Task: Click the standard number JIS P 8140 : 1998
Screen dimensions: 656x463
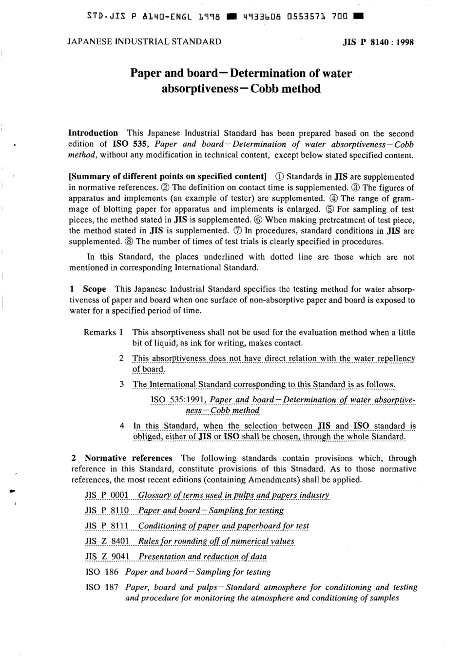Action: tap(378, 42)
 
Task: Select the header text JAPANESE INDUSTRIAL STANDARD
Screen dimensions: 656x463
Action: tap(144, 41)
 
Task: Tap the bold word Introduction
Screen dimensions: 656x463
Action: tap(93, 133)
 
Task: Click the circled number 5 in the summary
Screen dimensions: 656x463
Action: tap(331, 209)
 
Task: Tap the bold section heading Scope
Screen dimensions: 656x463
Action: tap(94, 289)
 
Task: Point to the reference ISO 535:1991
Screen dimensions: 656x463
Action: tap(178, 400)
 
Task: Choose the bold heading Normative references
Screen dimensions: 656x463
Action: tap(128, 458)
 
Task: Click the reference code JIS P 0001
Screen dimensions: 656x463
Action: tap(107, 495)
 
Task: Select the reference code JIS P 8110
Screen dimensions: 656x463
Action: tap(107, 510)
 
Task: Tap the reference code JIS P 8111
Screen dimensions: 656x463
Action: tap(107, 526)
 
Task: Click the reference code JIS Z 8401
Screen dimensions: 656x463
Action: tap(107, 541)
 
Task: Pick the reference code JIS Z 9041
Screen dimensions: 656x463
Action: tap(107, 557)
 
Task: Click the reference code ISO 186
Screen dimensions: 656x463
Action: tap(102, 572)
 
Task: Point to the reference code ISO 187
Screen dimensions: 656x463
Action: tap(102, 587)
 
